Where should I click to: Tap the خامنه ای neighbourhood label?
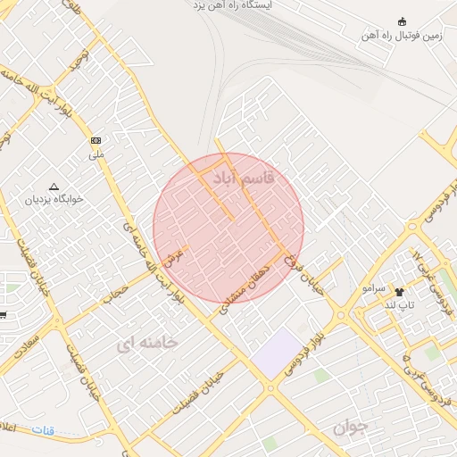tap(148, 341)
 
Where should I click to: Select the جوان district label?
tap(351, 428)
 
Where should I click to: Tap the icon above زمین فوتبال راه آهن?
tap(401, 21)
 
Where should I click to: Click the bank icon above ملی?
tap(96, 141)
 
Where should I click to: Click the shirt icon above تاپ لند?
tap(399, 291)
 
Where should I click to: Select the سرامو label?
tap(374, 290)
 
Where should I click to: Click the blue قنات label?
tap(43, 430)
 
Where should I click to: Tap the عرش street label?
tap(178, 253)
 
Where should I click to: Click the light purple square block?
tap(276, 351)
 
